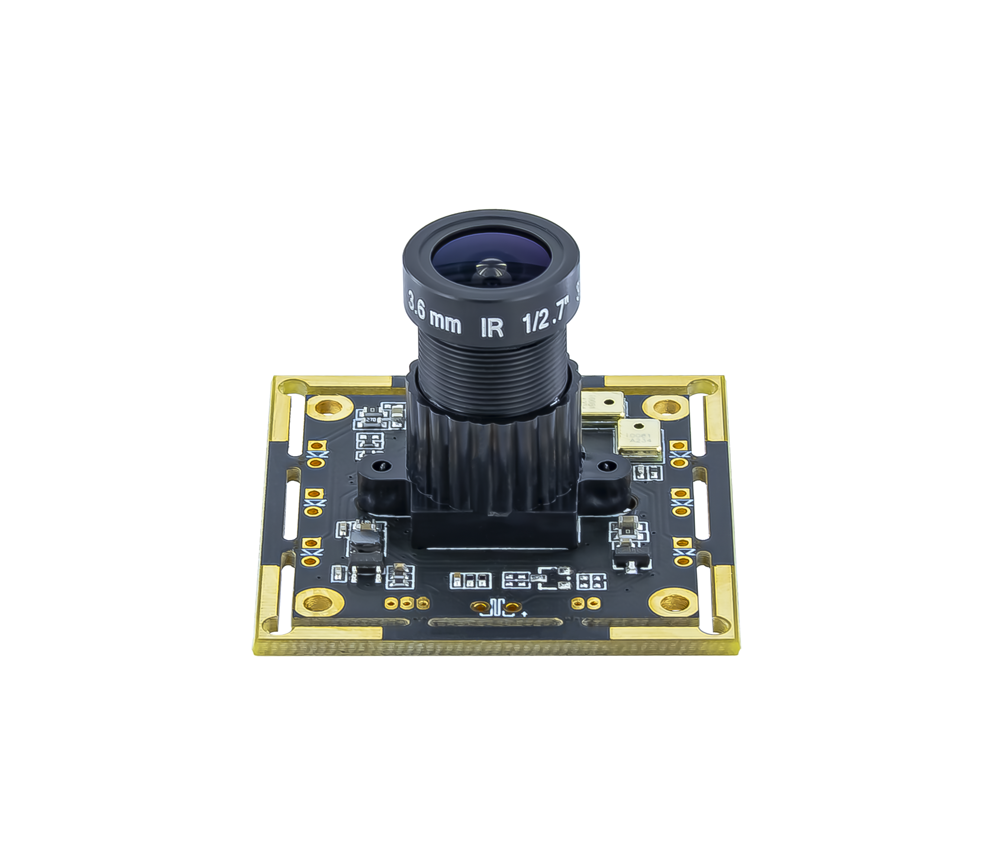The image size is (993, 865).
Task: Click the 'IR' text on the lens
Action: click(492, 328)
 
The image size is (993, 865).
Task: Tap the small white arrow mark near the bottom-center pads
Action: click(524, 614)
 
